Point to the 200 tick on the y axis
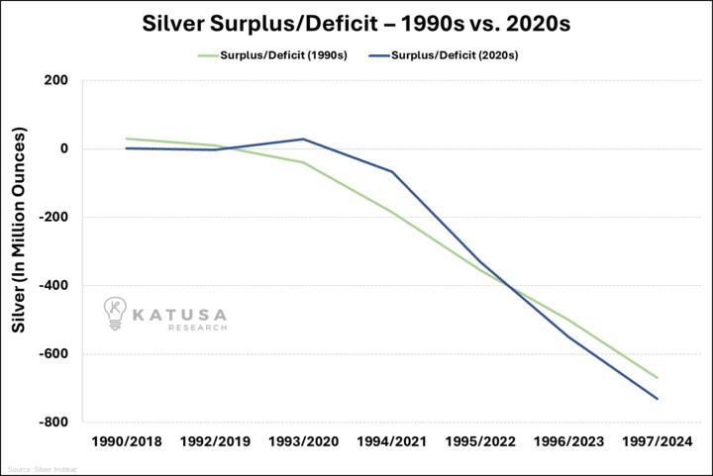click(x=55, y=80)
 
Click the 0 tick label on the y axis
click(x=62, y=148)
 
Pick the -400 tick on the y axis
click(x=53, y=286)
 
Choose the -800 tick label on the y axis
click(x=53, y=423)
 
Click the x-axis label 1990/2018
click(x=127, y=442)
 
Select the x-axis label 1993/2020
click(x=303, y=442)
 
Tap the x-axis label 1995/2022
click(x=480, y=442)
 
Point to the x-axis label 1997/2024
click(x=658, y=442)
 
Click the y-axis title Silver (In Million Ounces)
click(x=18, y=243)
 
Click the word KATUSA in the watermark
click(x=180, y=314)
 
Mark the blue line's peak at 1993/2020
click(x=303, y=139)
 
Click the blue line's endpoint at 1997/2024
click(x=658, y=399)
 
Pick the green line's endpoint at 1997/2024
click(x=658, y=378)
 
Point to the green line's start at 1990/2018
click(x=127, y=139)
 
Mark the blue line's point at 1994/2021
click(x=392, y=172)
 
